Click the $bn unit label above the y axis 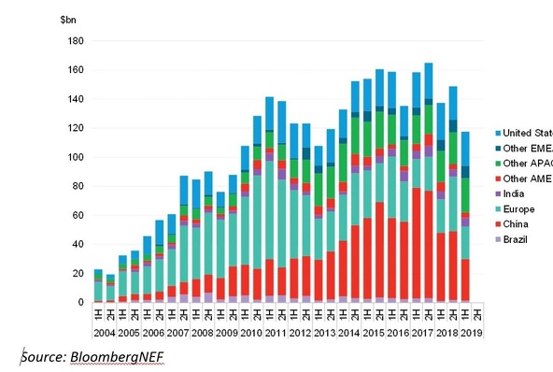68,20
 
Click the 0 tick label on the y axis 81,303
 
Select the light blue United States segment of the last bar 464,149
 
